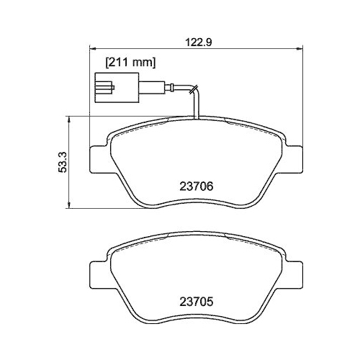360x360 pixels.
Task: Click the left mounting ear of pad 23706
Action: click(99, 158)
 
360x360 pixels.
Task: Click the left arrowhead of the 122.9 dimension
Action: click(91, 48)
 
